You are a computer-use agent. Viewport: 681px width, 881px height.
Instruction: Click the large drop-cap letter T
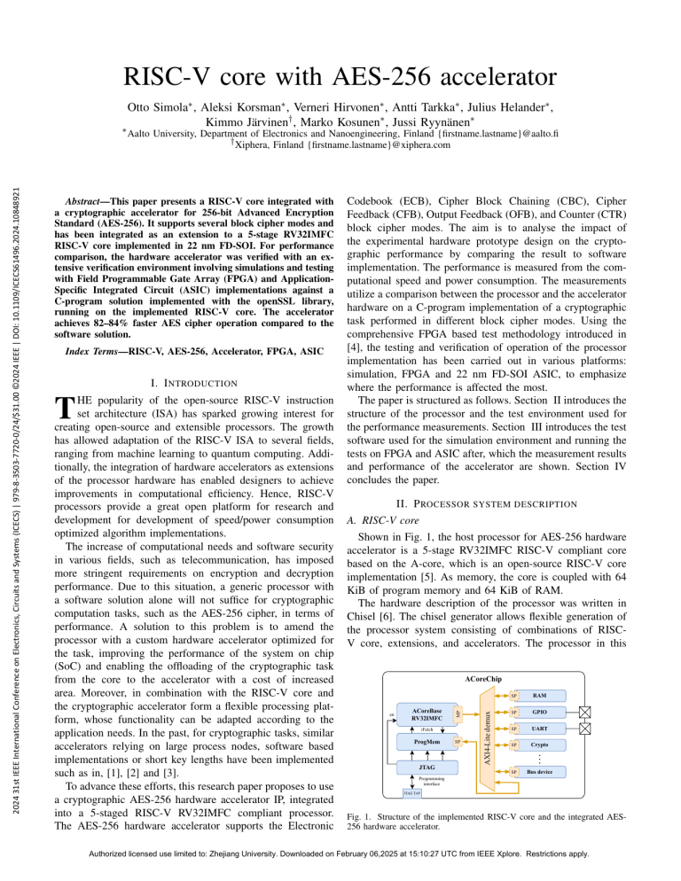60,409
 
